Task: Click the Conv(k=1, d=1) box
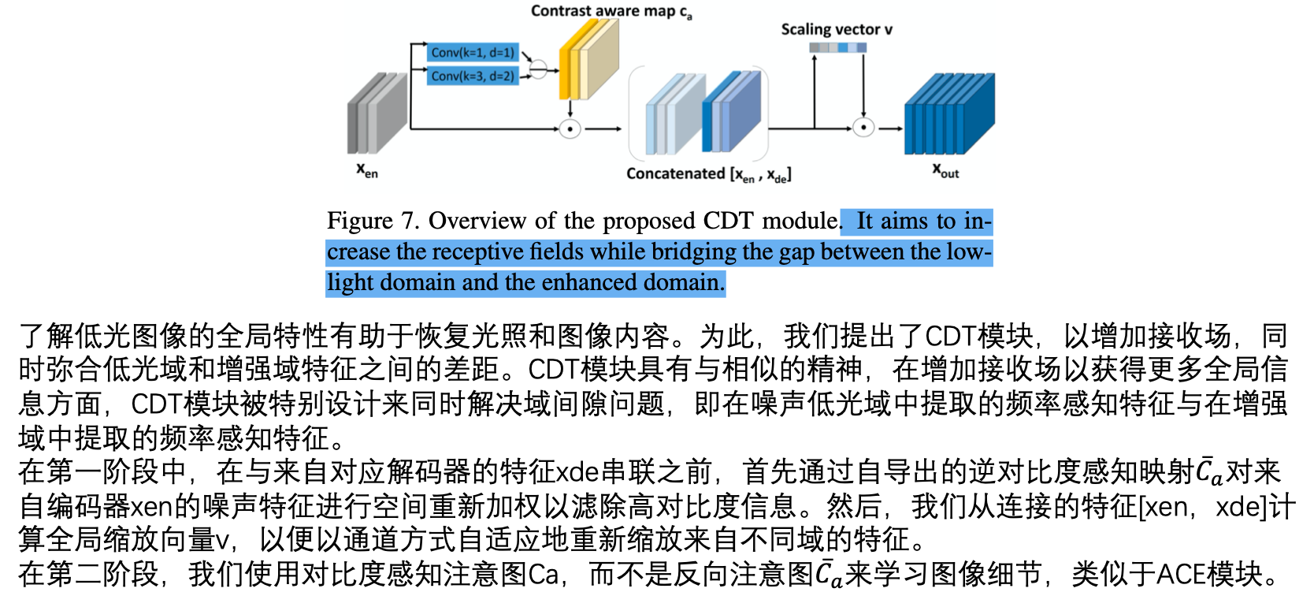473,53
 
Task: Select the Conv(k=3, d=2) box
473,76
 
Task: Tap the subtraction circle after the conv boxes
538,69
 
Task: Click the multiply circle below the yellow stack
570,128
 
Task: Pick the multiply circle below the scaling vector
863,128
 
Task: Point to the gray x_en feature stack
377,114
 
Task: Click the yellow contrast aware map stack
588,61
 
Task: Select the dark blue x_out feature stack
948,114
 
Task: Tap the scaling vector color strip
837,48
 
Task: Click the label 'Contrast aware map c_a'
611,12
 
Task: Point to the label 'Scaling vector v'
837,30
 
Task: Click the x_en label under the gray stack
367,170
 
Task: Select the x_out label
945,170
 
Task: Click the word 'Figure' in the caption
360,221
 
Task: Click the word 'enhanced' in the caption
589,282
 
